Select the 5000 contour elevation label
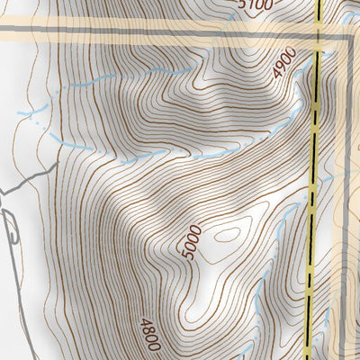190,246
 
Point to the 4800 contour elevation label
148,334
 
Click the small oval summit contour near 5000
226,235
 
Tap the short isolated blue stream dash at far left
31,112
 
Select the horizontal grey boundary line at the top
135,32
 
